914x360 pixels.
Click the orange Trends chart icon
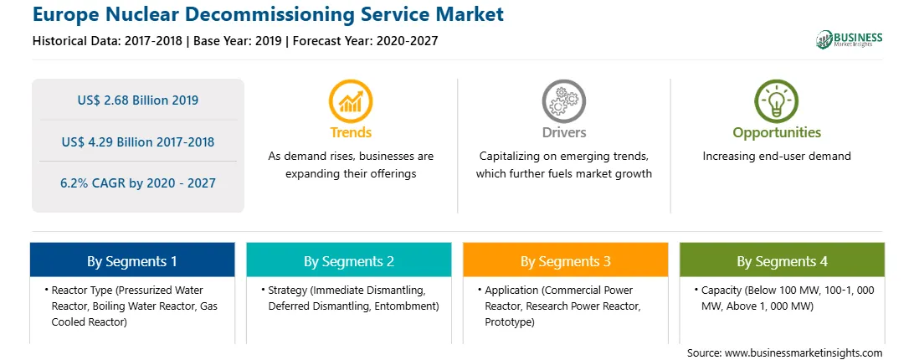351,101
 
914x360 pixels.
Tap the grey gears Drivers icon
563,101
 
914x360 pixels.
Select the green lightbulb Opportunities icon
777,101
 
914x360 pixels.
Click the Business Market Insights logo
850,39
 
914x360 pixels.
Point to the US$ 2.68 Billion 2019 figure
138,100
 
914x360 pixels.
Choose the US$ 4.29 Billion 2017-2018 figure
138,141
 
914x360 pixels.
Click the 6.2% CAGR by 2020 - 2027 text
138,183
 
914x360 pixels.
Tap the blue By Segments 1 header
132,260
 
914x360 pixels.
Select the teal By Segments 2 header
348,260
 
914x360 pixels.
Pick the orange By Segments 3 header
566,260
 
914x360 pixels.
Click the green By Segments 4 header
783,260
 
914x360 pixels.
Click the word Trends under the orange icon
351,132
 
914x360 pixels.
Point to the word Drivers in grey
563,132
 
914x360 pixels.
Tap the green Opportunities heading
777,132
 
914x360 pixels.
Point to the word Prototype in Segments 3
507,322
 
